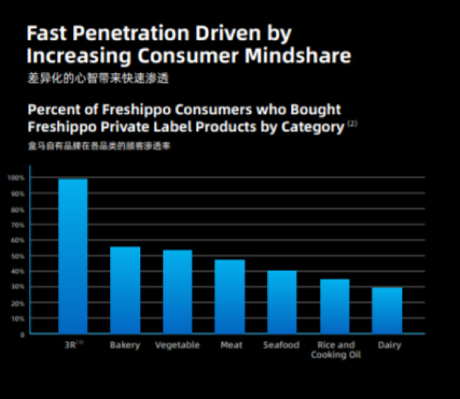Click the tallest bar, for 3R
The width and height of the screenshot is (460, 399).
(73, 256)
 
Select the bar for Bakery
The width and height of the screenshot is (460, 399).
(125, 291)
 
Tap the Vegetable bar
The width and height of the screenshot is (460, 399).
(177, 292)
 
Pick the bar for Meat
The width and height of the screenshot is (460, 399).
(230, 297)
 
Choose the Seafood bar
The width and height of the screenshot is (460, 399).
(282, 302)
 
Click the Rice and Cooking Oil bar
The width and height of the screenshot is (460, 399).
(335, 306)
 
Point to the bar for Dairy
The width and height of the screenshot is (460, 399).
(387, 310)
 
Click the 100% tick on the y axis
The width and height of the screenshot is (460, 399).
(16, 178)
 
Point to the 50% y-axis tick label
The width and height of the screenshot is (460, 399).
(17, 256)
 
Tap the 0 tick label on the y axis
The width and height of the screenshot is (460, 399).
(22, 335)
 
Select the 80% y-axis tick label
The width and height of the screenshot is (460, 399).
(17, 209)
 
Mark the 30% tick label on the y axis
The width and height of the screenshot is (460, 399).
(17, 287)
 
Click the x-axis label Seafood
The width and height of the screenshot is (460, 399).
(281, 345)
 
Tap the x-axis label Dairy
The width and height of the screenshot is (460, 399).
(389, 345)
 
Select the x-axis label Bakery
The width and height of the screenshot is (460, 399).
(125, 345)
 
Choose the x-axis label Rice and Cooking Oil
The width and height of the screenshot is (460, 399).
(336, 350)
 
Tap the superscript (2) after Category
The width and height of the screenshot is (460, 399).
(352, 123)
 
